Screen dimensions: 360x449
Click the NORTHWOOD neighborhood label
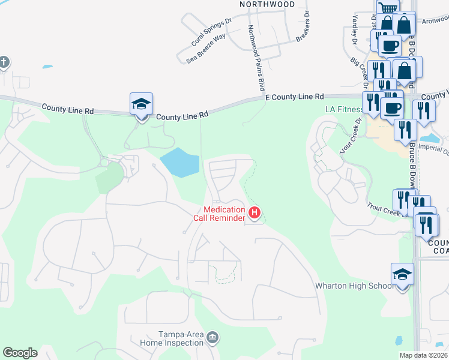pos(267,4)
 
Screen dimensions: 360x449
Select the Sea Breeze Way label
pos(206,48)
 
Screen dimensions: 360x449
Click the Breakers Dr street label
pos(303,27)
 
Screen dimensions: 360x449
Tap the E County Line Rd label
pos(294,97)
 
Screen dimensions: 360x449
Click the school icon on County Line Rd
pos(142,105)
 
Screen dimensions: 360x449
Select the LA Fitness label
pos(343,110)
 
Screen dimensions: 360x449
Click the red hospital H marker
pos(255,212)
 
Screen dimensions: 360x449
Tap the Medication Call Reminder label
pos(219,214)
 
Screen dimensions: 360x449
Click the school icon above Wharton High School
pos(402,274)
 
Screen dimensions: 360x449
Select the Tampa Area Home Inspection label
pos(172,338)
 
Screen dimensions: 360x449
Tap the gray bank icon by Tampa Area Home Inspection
pos(212,339)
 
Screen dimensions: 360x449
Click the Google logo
pos(20,353)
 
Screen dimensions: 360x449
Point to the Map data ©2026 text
pos(423,355)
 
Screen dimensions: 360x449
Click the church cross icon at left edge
pos(4,62)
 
